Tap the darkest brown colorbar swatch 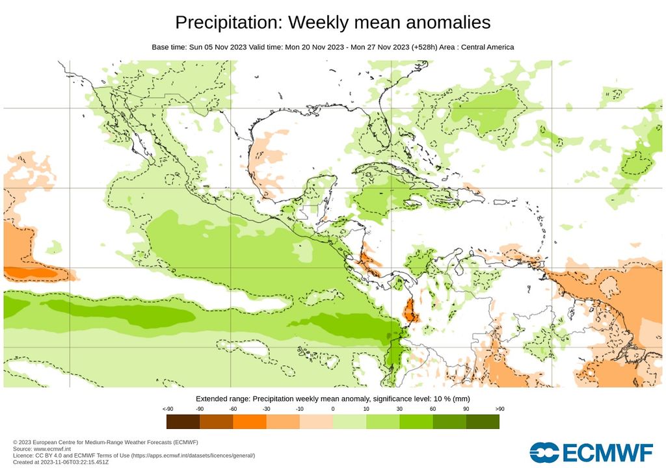point(183,422)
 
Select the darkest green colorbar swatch point(483,422)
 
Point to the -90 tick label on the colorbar point(200,409)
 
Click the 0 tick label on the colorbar point(333,409)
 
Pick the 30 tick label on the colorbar point(399,409)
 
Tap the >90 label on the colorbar point(499,409)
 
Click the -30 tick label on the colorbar point(266,409)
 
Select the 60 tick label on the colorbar point(433,409)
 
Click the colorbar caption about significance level point(332,398)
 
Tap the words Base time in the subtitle point(168,47)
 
